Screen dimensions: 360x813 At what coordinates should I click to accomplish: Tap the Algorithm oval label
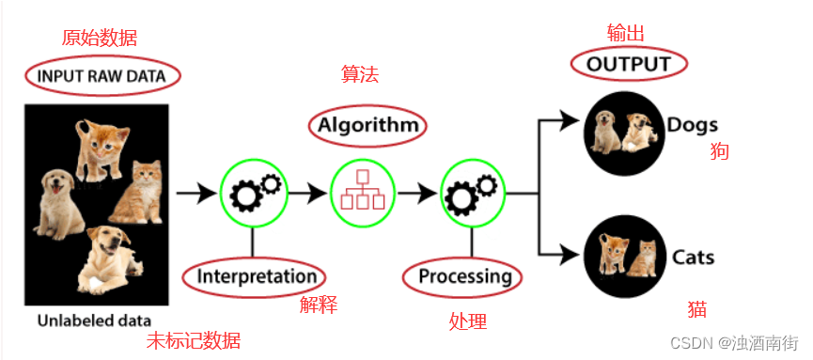click(366, 125)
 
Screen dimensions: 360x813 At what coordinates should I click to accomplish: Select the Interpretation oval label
click(255, 276)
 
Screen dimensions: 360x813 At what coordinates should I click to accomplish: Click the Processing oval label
click(463, 276)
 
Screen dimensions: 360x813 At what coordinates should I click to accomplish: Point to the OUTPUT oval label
click(629, 64)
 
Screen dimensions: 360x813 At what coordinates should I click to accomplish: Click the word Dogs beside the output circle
click(692, 125)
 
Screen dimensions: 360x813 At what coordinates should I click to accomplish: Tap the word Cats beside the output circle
click(693, 257)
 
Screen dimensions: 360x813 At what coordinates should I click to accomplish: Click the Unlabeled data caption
click(94, 321)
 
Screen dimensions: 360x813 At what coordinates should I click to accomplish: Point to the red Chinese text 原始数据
click(99, 39)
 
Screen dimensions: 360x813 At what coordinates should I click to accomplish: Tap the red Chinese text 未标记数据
click(194, 340)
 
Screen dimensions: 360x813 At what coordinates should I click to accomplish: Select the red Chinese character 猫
click(696, 309)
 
